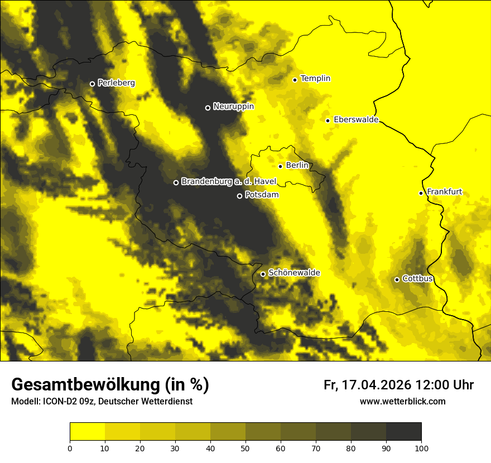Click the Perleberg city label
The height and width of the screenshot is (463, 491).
pyautogui.click(x=116, y=83)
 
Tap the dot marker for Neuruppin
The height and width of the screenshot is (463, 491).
pyautogui.click(x=208, y=108)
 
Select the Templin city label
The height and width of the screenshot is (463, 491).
pyautogui.click(x=315, y=79)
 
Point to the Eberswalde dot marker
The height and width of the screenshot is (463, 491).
pyautogui.click(x=328, y=120)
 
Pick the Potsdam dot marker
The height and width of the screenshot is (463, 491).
pyautogui.click(x=239, y=196)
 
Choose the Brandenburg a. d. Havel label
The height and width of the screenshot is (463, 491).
pyautogui.click(x=229, y=182)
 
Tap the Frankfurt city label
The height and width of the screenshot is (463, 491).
pyautogui.click(x=444, y=192)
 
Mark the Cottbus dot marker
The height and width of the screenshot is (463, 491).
pyautogui.click(x=397, y=279)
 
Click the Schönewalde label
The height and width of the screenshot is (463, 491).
pyautogui.click(x=294, y=273)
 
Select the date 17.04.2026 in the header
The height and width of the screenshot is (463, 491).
pyautogui.click(x=377, y=385)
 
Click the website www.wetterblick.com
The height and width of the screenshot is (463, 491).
pyautogui.click(x=402, y=401)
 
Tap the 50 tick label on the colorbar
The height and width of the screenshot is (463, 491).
pyautogui.click(x=245, y=448)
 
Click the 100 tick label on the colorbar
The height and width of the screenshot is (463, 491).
pyautogui.click(x=421, y=448)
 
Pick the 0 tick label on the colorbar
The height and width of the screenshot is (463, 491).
pyautogui.click(x=70, y=448)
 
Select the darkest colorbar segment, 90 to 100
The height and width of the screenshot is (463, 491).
pyautogui.click(x=403, y=432)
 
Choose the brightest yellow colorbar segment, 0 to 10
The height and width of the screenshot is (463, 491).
pyautogui.click(x=87, y=432)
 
